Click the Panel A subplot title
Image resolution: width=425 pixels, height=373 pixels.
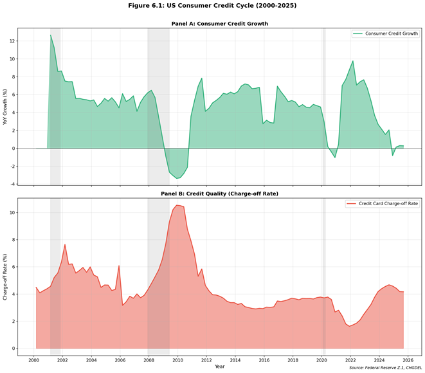[219, 24]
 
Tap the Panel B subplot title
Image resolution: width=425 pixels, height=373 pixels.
[219, 193]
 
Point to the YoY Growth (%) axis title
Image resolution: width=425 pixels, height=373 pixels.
[6, 107]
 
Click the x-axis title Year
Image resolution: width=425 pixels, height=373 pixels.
[219, 366]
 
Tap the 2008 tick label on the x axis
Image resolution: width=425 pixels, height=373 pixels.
[149, 360]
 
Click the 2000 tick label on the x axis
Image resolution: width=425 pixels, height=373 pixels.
[34, 360]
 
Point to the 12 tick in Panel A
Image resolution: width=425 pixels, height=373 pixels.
[11, 41]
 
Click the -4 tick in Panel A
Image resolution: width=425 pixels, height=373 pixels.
[11, 185]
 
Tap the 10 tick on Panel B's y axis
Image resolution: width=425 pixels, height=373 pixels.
[11, 212]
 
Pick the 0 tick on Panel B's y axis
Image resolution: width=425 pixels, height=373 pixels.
[13, 349]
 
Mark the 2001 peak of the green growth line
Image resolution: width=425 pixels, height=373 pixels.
[51, 35]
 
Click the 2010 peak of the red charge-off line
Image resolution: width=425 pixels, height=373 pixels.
[177, 205]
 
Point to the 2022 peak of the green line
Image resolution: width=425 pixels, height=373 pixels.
[353, 61]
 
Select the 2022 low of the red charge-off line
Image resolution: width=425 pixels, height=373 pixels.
[349, 326]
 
